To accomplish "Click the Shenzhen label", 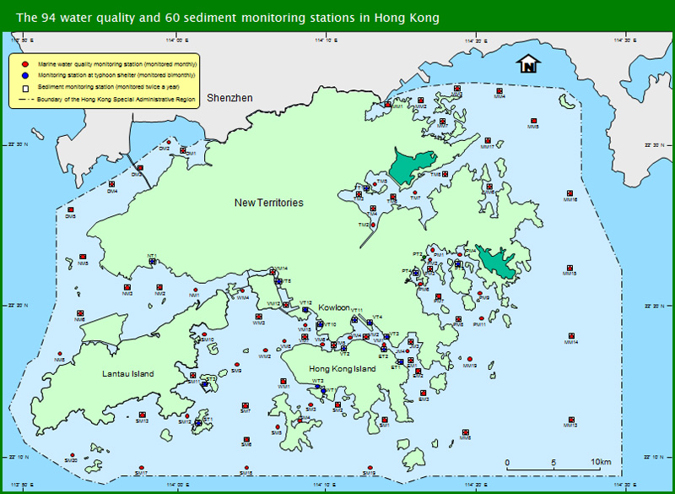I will (230, 98).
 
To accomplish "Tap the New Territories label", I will (268, 203).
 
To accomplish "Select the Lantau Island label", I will (127, 373).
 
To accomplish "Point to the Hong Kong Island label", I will (342, 369).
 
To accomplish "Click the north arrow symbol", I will (528, 64).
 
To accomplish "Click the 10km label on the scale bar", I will (601, 461).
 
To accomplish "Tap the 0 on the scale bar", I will (507, 461).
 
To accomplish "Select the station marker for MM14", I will (571, 334).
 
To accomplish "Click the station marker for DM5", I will (71, 210).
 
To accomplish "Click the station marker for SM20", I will (71, 454).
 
